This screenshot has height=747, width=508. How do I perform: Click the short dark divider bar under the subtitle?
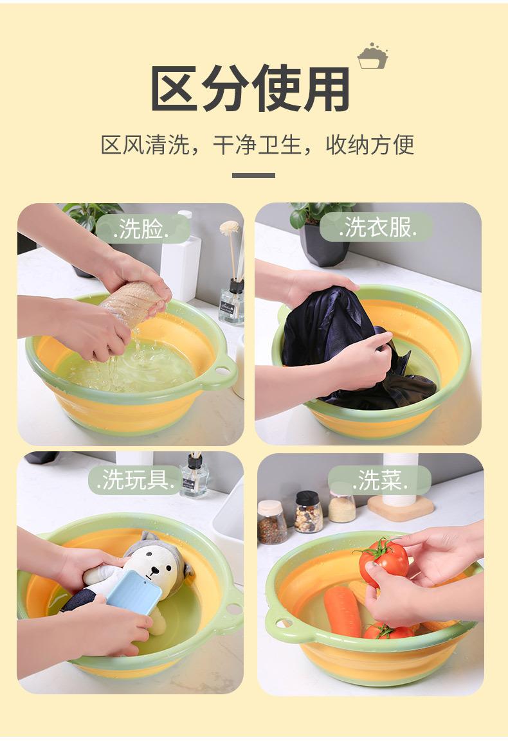[x=253, y=175]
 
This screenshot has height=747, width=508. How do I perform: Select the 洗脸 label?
[x=141, y=229]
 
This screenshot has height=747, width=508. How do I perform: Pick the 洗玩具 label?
[x=135, y=479]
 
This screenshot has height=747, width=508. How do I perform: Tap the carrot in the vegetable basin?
[x=343, y=611]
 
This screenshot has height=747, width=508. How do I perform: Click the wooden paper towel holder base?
[x=401, y=508]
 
